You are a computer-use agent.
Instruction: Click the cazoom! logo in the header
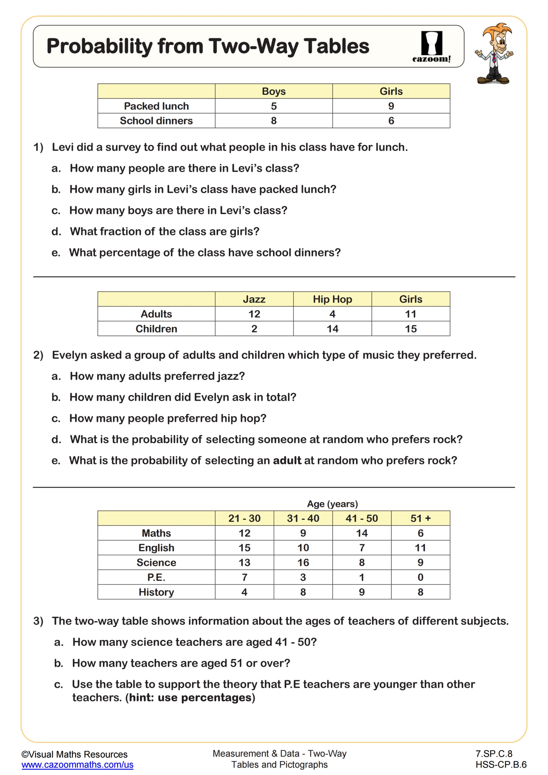[x=431, y=47]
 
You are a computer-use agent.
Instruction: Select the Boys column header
[x=274, y=91]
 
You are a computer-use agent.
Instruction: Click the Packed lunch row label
[x=156, y=106]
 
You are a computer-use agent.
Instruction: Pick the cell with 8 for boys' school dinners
[x=274, y=120]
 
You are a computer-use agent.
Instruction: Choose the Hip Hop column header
[x=332, y=299]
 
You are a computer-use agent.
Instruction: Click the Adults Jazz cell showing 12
[x=254, y=314]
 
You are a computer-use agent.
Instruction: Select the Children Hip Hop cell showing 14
[x=332, y=329]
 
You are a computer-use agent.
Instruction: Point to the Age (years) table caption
[x=332, y=504]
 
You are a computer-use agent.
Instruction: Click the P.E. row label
[x=156, y=577]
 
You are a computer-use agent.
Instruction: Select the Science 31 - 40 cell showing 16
[x=303, y=562]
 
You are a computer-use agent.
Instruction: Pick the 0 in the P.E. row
[x=420, y=577]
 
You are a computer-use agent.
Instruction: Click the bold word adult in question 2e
[x=287, y=460]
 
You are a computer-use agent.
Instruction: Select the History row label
[x=156, y=592]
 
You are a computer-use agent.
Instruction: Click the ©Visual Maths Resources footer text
[x=74, y=754]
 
